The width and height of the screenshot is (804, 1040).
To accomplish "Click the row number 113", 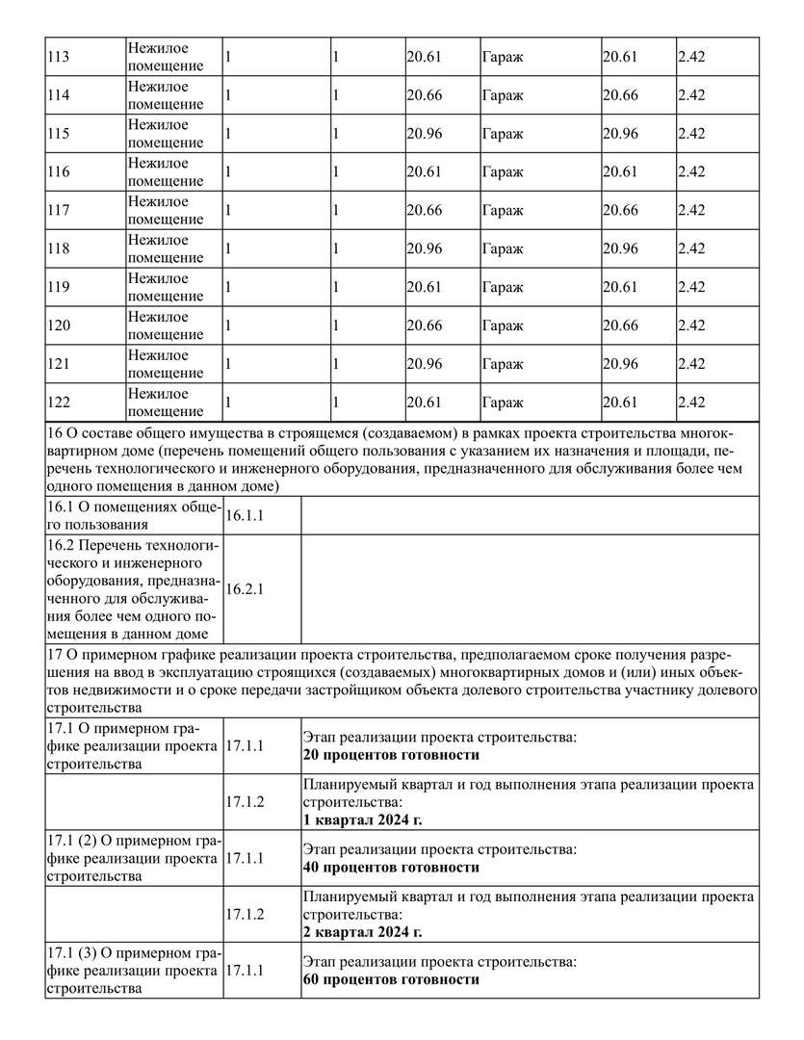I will coord(58,57).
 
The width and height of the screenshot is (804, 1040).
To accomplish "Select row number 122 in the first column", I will coord(58,403).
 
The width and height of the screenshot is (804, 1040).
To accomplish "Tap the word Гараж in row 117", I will coord(503,211).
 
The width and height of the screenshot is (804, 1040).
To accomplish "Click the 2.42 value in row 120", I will coord(691,325).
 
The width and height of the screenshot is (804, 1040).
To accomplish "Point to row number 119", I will coord(58,287).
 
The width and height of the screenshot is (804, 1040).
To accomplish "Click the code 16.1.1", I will coord(245,516).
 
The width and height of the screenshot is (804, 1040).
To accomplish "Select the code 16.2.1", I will coord(245,589).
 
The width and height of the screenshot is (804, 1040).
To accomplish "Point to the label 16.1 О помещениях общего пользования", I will coord(133,515).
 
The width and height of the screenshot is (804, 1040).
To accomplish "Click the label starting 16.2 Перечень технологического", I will coord(133,589).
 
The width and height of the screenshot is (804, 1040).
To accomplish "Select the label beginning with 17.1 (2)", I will coord(133,858).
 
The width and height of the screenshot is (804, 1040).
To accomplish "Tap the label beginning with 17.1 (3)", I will coord(133,971).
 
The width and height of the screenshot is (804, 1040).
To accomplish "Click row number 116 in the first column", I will coord(58,172).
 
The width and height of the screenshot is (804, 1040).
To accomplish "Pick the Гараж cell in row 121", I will coord(503,364).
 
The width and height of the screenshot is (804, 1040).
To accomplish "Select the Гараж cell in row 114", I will coord(503,95).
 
